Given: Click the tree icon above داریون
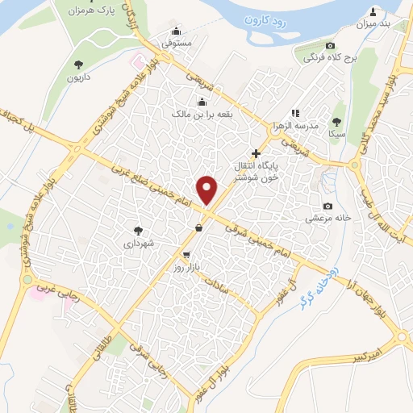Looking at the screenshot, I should point(78,65).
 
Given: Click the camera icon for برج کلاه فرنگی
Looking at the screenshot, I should point(330,46).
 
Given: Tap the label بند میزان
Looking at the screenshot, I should point(373,23).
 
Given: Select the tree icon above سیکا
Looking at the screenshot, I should point(337,121).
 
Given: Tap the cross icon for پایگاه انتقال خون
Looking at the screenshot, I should point(257,153).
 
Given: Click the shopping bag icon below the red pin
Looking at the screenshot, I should point(198,228).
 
